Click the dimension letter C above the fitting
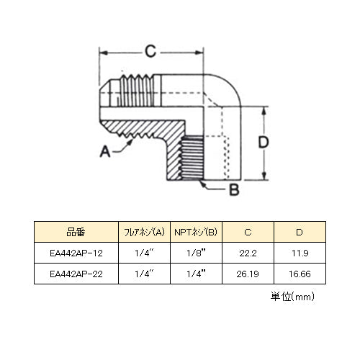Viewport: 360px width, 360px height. (150, 51)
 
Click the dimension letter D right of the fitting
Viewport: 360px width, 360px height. (264, 142)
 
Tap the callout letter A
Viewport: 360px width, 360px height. (105, 151)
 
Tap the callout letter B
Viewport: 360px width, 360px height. (235, 189)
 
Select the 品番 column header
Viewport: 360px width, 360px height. (76, 232)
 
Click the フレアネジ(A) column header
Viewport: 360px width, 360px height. (144, 232)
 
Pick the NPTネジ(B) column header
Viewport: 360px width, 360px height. (196, 232)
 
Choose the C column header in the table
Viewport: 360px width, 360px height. (248, 232)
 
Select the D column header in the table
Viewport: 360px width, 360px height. (300, 232)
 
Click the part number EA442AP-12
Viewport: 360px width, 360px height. (76, 253)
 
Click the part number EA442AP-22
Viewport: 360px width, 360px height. (76, 274)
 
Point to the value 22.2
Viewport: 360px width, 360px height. (248, 253)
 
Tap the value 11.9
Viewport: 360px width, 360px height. (300, 253)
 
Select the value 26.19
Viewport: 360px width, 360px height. (248, 274)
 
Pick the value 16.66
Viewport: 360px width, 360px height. (300, 274)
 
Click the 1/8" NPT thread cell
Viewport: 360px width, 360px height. (196, 253)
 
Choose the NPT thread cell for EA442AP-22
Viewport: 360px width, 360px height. (196, 274)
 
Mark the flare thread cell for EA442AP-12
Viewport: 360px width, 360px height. (144, 253)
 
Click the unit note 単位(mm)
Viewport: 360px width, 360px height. (292, 297)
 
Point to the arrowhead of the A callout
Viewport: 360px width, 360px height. (130, 143)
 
